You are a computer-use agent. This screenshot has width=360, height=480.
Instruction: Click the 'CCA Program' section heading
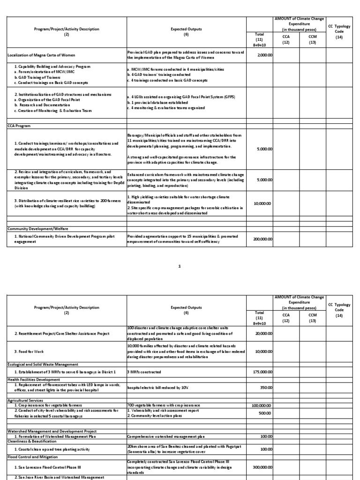point(19,126)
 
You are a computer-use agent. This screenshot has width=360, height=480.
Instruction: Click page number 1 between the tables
point(180,266)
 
